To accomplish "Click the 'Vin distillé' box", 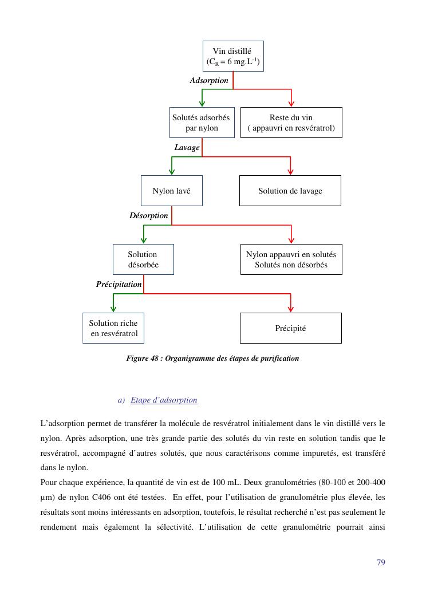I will pyautogui.click(x=233, y=56).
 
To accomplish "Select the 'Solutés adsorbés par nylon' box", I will pyautogui.click(x=202, y=123).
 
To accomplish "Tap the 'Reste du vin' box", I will pyautogui.click(x=291, y=123).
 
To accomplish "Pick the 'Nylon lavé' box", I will pyautogui.click(x=171, y=191).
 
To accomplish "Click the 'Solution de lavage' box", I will pyautogui.click(x=290, y=191).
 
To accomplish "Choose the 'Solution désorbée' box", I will pyautogui.click(x=143, y=259).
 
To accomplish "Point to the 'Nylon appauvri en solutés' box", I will pyautogui.click(x=291, y=259).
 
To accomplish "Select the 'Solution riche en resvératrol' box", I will pyautogui.click(x=113, y=328).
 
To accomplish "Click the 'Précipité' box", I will pyautogui.click(x=290, y=328).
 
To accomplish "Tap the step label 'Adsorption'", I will pyautogui.click(x=209, y=81).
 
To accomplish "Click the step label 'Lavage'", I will pyautogui.click(x=187, y=148).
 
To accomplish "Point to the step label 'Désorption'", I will pyautogui.click(x=149, y=216).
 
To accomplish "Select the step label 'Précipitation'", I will pyautogui.click(x=119, y=284).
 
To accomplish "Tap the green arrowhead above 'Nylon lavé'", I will pyautogui.click(x=172, y=171).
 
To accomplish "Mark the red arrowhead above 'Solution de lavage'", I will pyautogui.click(x=291, y=171).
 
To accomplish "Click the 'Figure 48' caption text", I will pyautogui.click(x=212, y=358).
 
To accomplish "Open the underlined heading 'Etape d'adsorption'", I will pyautogui.click(x=164, y=400).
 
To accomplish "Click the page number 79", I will pyautogui.click(x=381, y=562).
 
